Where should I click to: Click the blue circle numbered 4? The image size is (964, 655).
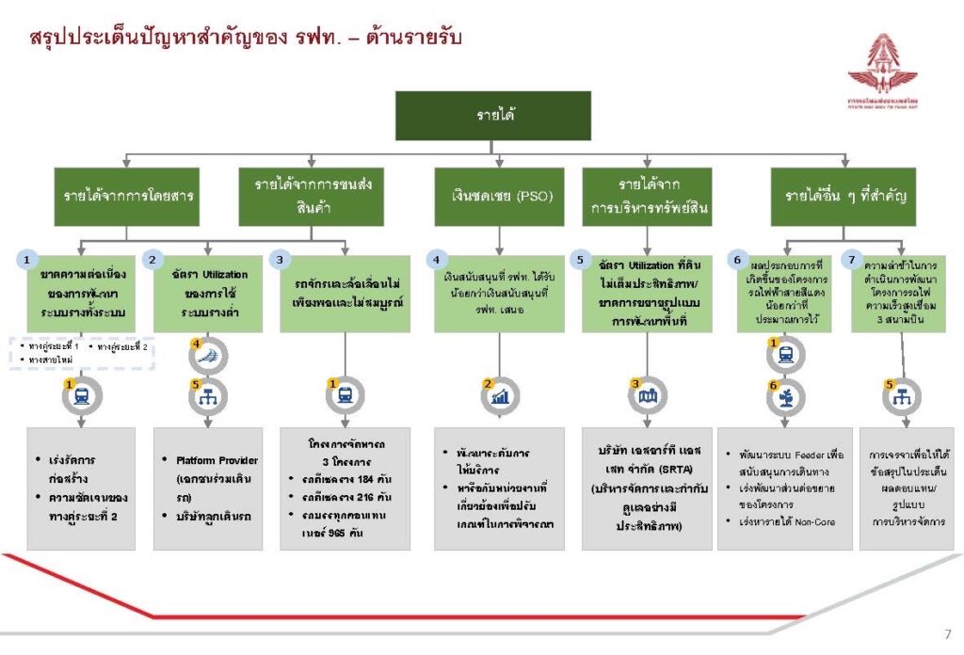click(x=435, y=258)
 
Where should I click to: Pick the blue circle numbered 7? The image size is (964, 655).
click(x=853, y=258)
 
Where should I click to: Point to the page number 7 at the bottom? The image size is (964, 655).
click(x=947, y=633)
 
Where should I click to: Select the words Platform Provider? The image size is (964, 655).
click(x=217, y=460)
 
